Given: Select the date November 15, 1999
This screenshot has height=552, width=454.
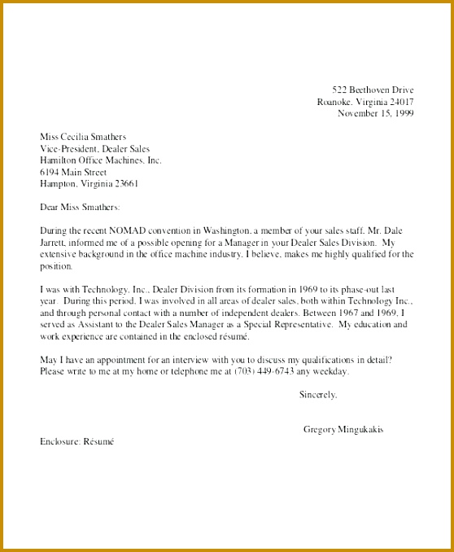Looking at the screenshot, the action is click(376, 114).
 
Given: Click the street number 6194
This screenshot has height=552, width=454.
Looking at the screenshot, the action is click(50, 172).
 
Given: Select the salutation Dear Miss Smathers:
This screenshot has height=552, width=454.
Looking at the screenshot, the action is click(80, 208).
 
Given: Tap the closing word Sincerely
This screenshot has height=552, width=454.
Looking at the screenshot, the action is click(317, 395).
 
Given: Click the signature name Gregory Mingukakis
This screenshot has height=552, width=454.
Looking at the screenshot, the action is click(343, 429).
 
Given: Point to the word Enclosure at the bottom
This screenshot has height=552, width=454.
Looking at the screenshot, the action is click(59, 441).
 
